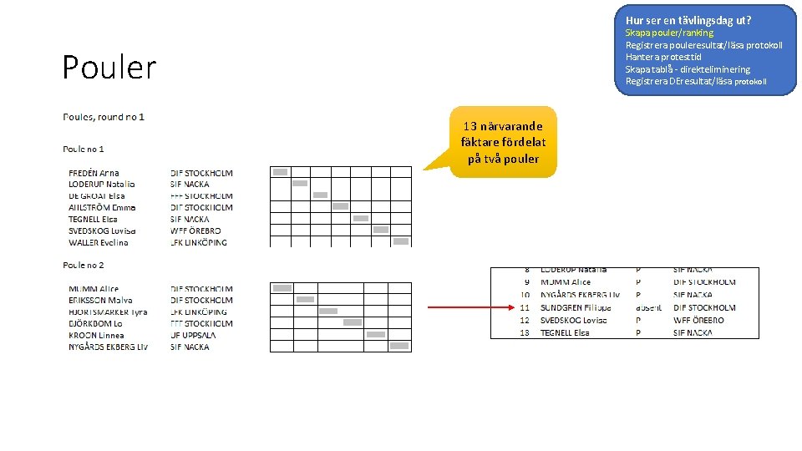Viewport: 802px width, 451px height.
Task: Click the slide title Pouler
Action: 109,68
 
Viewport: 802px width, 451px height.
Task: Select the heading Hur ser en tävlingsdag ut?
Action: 688,19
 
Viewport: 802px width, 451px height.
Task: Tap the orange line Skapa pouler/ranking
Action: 669,33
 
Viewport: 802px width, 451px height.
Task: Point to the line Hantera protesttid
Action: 663,57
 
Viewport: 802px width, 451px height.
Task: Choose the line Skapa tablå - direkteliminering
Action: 688,69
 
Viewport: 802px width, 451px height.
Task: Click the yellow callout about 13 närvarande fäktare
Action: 500,142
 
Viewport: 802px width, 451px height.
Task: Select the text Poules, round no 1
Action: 104,117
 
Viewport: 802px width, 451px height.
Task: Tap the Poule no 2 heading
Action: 84,265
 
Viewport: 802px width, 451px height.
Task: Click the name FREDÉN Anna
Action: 94,173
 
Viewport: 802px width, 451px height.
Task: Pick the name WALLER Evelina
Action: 99,242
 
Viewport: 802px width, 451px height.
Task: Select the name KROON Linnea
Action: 96,335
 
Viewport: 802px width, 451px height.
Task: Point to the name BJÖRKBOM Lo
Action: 95,323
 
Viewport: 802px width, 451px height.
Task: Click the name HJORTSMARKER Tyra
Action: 108,312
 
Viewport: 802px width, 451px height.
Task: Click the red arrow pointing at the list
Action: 468,307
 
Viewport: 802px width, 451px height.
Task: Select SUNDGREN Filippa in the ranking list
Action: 576,307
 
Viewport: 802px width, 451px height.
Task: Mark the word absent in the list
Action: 648,307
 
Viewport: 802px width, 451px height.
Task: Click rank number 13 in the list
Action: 524,332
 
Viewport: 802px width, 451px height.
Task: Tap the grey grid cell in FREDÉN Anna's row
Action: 280,172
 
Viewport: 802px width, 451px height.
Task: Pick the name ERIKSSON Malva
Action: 100,300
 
